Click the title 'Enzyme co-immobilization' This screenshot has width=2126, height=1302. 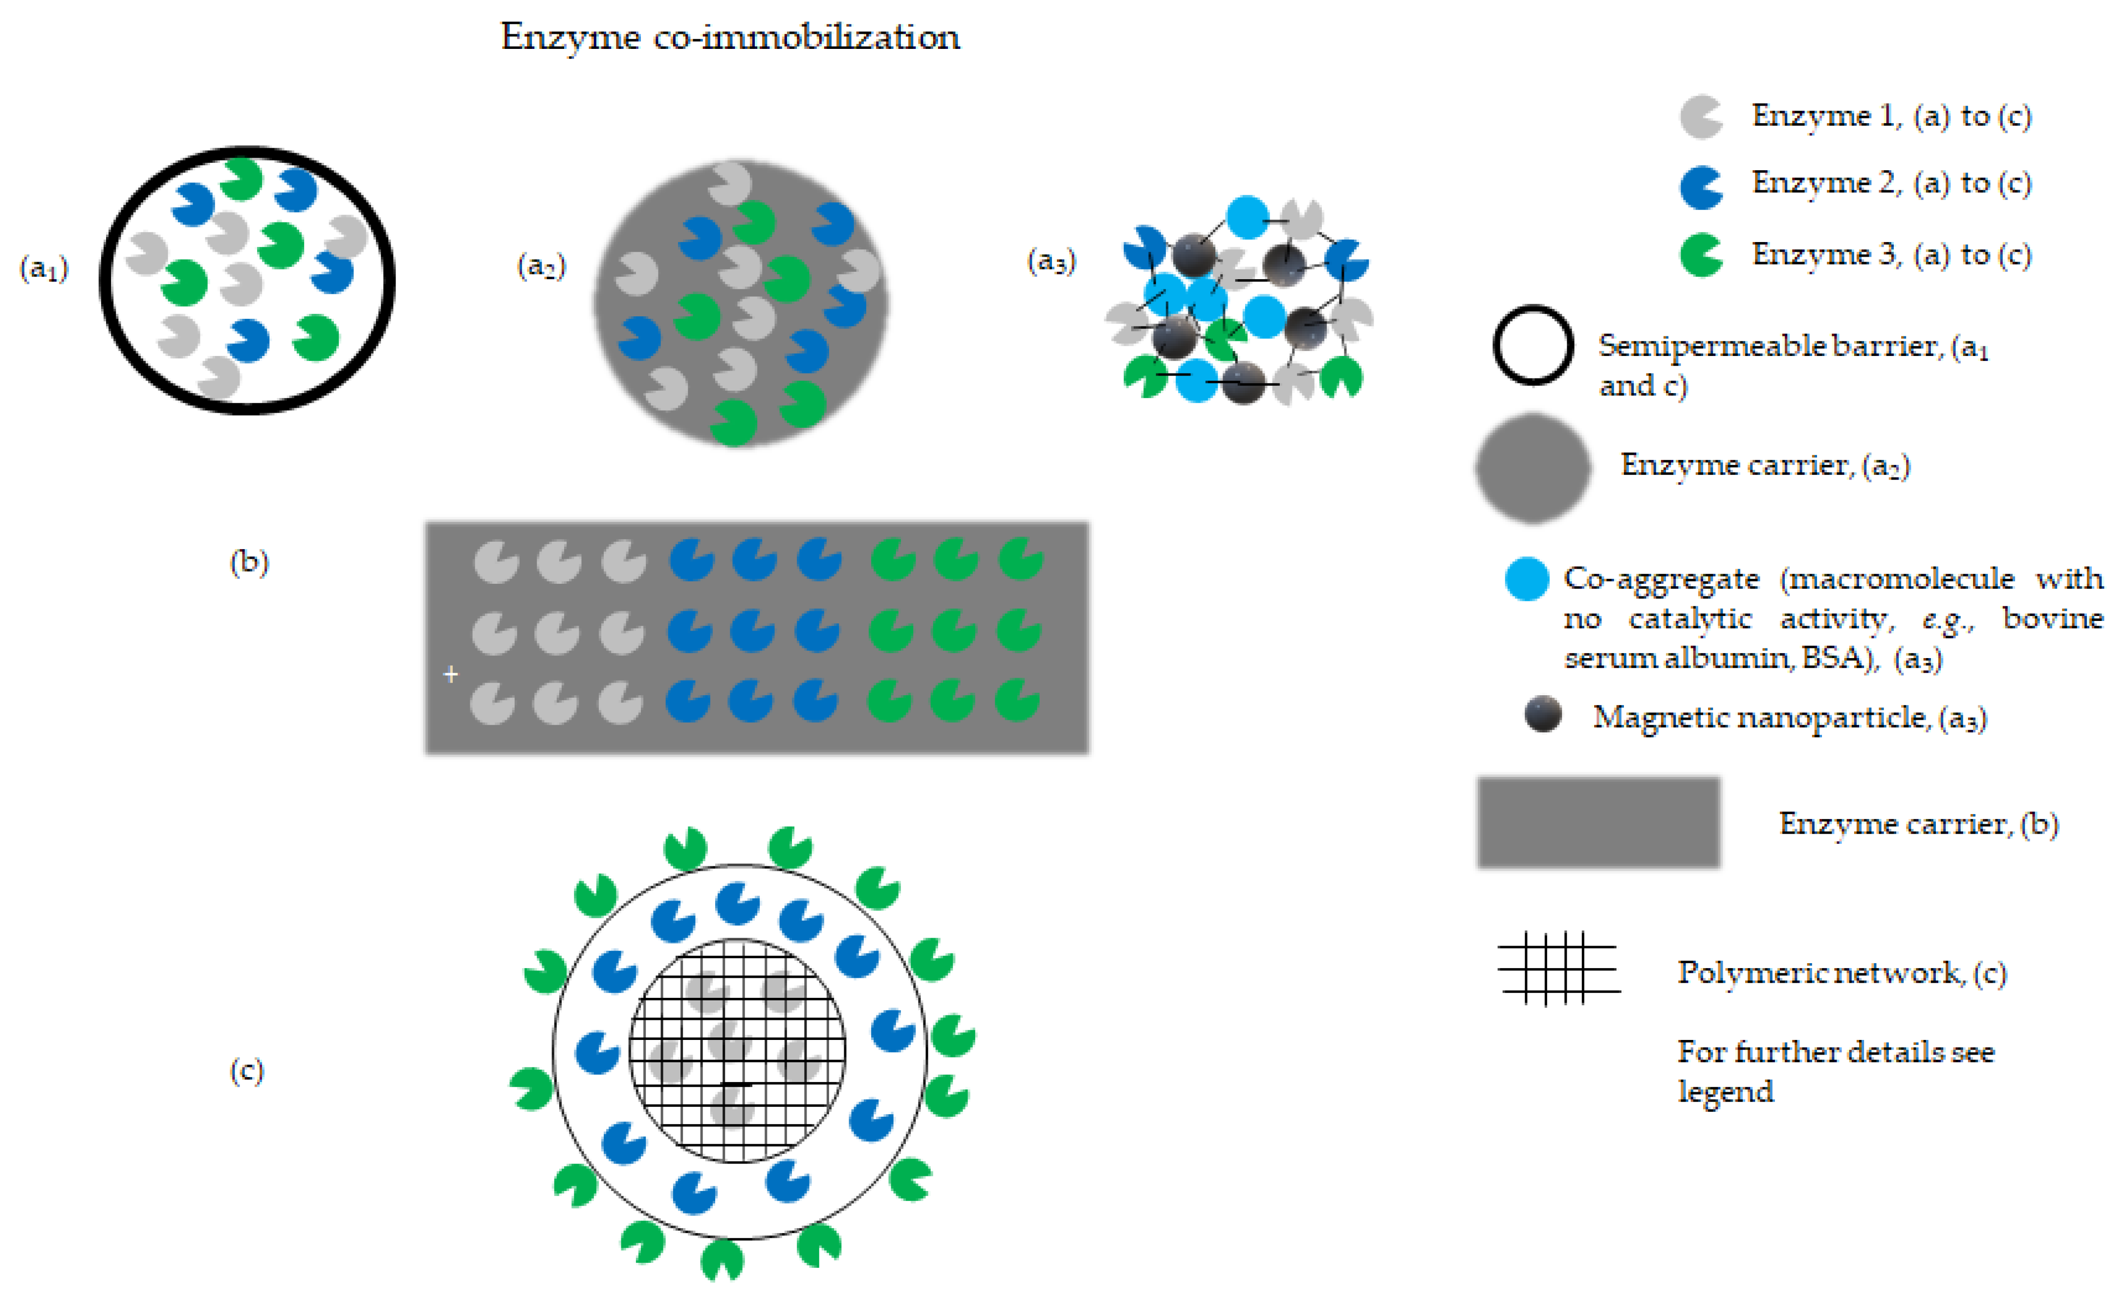click(x=730, y=37)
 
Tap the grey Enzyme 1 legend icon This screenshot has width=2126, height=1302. click(x=1701, y=117)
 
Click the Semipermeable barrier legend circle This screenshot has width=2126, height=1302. click(x=1533, y=345)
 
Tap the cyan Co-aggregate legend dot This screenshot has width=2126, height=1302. click(x=1526, y=578)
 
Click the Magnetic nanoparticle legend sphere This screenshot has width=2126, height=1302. click(x=1543, y=714)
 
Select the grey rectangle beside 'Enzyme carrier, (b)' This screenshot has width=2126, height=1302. click(x=1598, y=822)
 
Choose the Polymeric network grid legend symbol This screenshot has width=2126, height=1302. click(x=1558, y=968)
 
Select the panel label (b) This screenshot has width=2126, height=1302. click(x=248, y=563)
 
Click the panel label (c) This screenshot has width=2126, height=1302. click(x=247, y=1071)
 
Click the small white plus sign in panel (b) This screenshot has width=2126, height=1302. click(x=450, y=674)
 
